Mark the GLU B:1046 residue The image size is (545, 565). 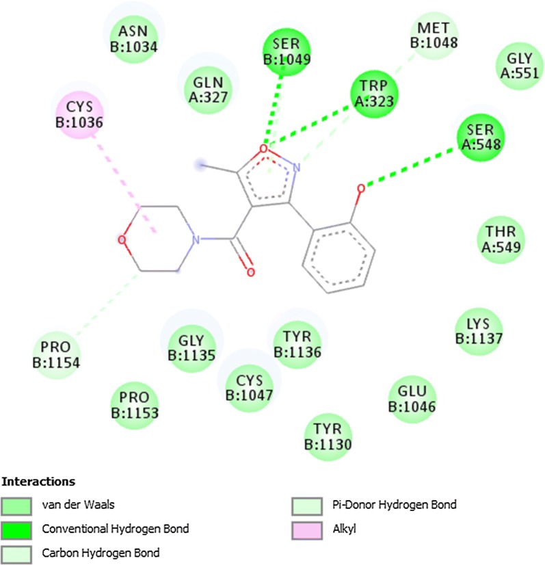412,398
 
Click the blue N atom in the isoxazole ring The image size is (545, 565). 295,168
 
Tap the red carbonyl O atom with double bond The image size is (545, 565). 250,273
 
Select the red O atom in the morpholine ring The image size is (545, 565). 121,240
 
